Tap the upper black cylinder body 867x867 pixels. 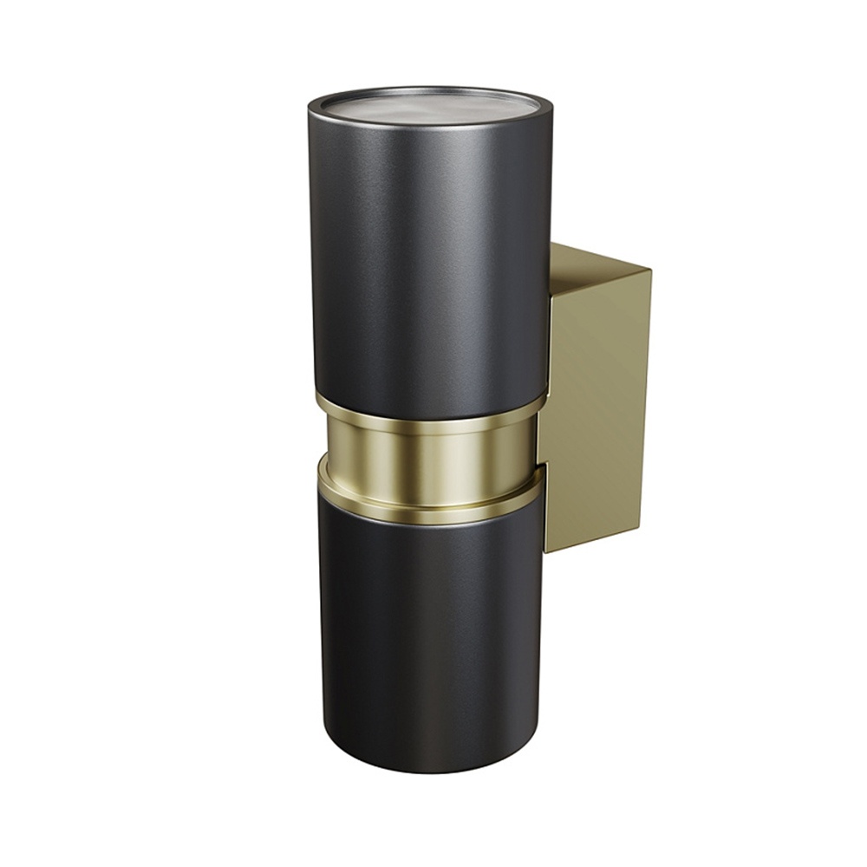pyautogui.click(x=425, y=260)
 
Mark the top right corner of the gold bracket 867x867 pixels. pyautogui.click(x=651, y=270)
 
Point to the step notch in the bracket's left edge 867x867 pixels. pyautogui.click(x=542, y=465)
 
